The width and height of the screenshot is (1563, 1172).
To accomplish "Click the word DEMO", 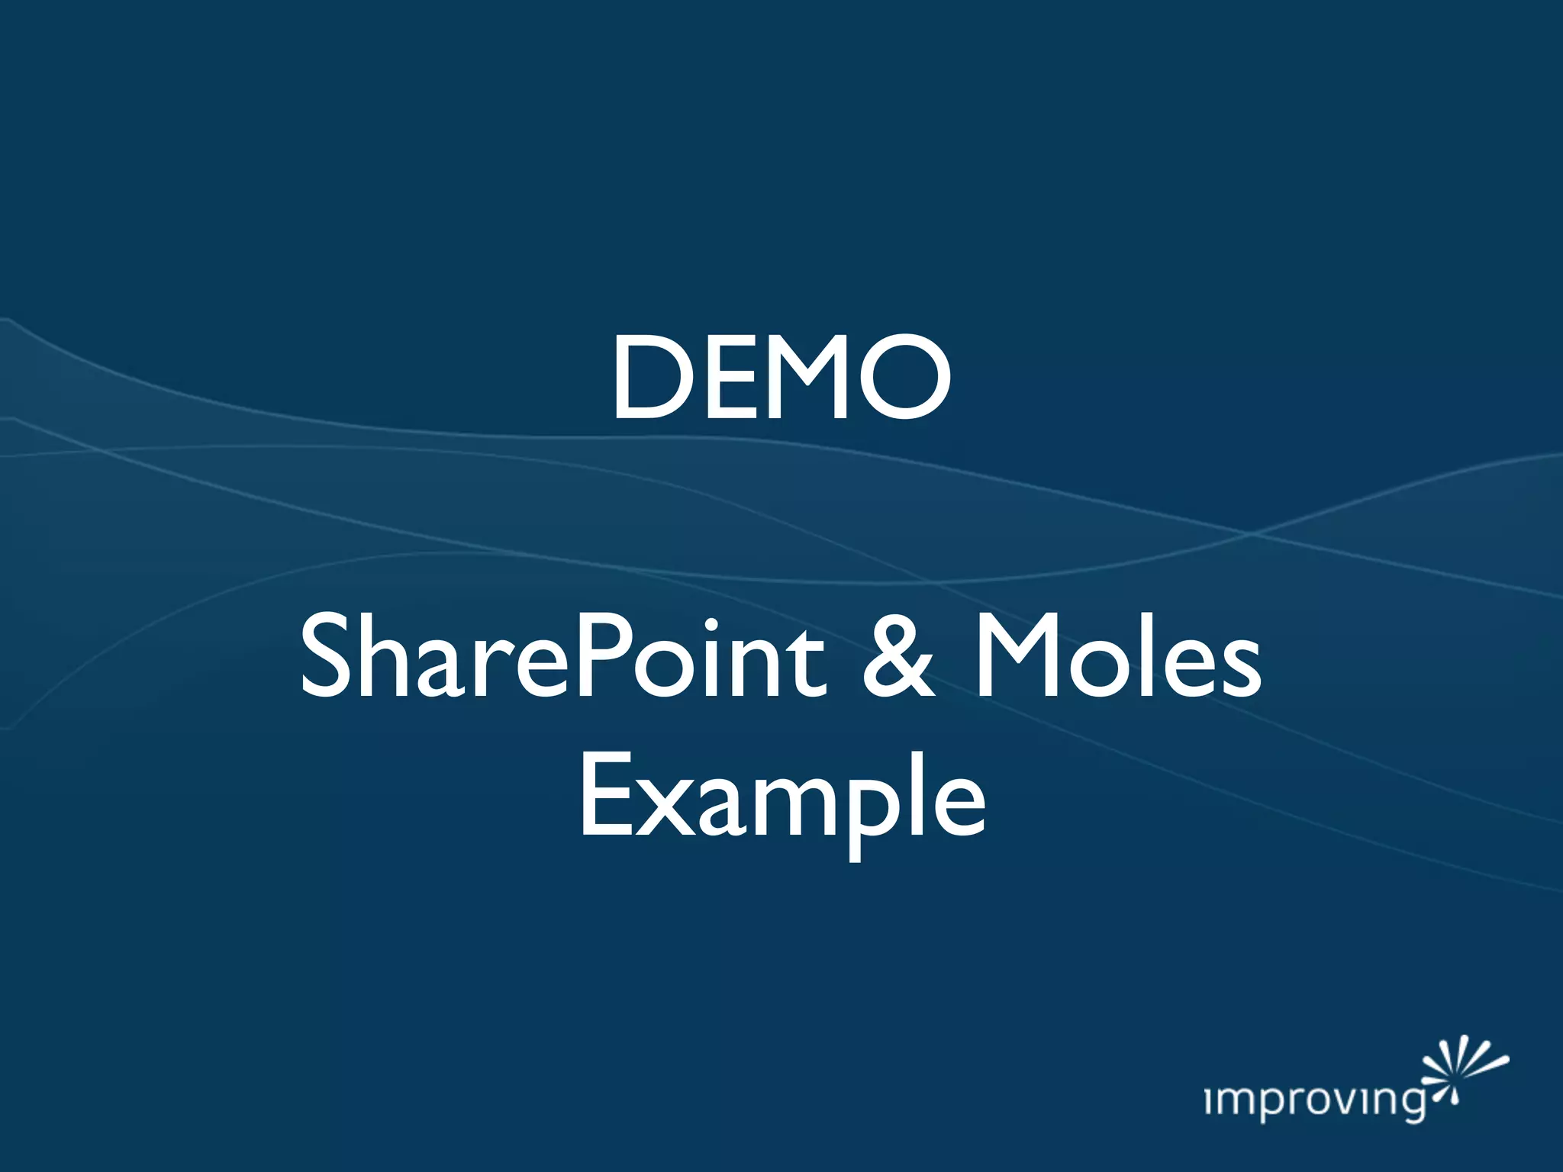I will (780, 378).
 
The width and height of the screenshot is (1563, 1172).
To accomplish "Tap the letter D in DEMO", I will (648, 378).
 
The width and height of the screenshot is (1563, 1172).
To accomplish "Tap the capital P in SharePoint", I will (602, 658).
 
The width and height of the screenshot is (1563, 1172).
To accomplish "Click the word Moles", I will (1117, 658).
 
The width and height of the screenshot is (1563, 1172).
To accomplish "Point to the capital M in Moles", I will (1020, 658).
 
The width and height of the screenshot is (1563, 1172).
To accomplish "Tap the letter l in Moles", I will (1144, 655).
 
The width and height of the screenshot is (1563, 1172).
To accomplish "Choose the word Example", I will (781, 798).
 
